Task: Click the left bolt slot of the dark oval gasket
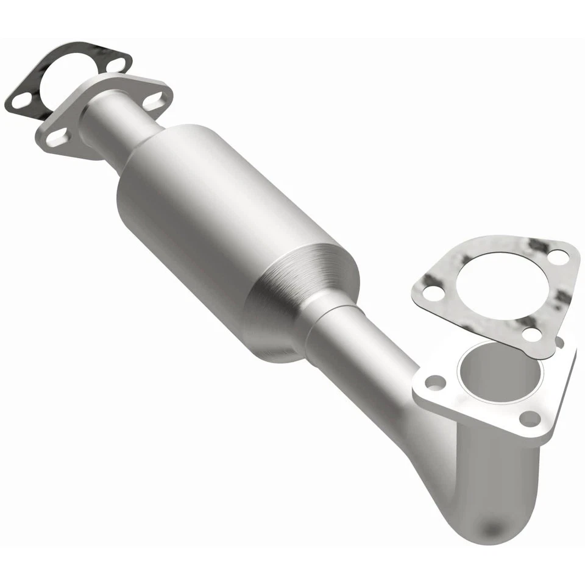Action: coord(21,100)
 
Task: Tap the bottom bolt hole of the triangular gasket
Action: coord(531,334)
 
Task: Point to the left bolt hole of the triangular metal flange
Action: coord(435,383)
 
